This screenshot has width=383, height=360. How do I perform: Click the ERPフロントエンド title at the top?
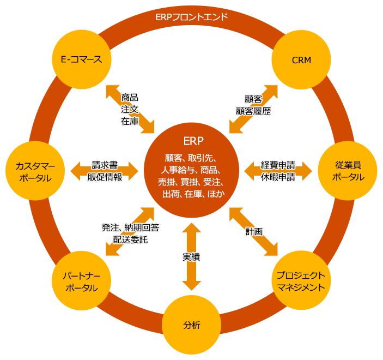coord(191,17)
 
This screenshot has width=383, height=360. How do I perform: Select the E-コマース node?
coord(81,59)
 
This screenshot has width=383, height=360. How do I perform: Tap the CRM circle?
coord(301,60)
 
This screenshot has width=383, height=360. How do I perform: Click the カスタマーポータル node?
coord(35,171)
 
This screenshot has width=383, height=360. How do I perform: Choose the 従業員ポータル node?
coord(348,171)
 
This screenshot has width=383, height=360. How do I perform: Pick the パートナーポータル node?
coord(81,281)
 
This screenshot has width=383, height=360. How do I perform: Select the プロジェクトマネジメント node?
coord(301,281)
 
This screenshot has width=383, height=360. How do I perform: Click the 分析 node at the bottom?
coord(191,326)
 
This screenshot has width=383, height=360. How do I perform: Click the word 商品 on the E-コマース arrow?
coord(130,97)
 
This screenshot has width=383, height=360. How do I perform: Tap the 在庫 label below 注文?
coord(130,121)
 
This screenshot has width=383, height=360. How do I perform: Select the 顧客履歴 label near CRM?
coord(253,111)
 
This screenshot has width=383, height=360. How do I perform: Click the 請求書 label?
coord(105,164)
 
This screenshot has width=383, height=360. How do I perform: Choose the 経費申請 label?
coord(278,164)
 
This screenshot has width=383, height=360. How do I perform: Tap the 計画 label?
coord(254,232)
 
